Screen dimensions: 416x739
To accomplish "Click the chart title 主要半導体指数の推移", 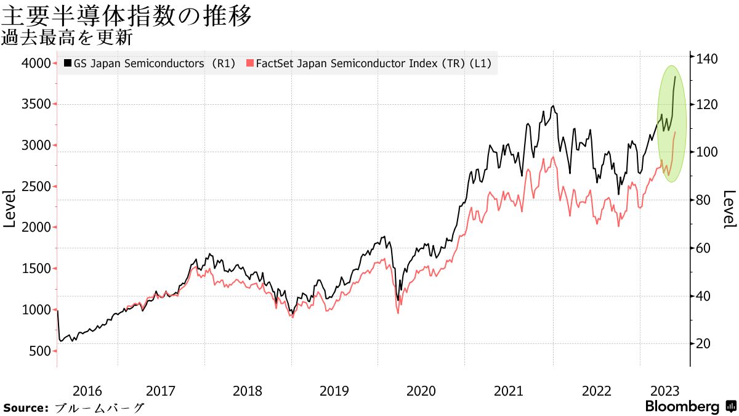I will click(127, 15).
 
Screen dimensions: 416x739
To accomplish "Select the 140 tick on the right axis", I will click(708, 59).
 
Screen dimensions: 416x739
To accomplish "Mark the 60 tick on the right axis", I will click(705, 248).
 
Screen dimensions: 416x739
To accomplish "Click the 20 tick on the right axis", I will click(705, 344).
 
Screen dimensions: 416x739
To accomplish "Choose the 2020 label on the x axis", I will click(421, 391).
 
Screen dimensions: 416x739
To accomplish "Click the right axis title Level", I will click(729, 208).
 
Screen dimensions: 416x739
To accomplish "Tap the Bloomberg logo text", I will click(682, 407).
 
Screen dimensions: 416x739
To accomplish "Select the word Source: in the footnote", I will click(26, 408).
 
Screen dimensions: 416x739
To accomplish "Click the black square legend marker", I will click(68, 63).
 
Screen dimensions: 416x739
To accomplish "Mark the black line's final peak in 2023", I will click(676, 76).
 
